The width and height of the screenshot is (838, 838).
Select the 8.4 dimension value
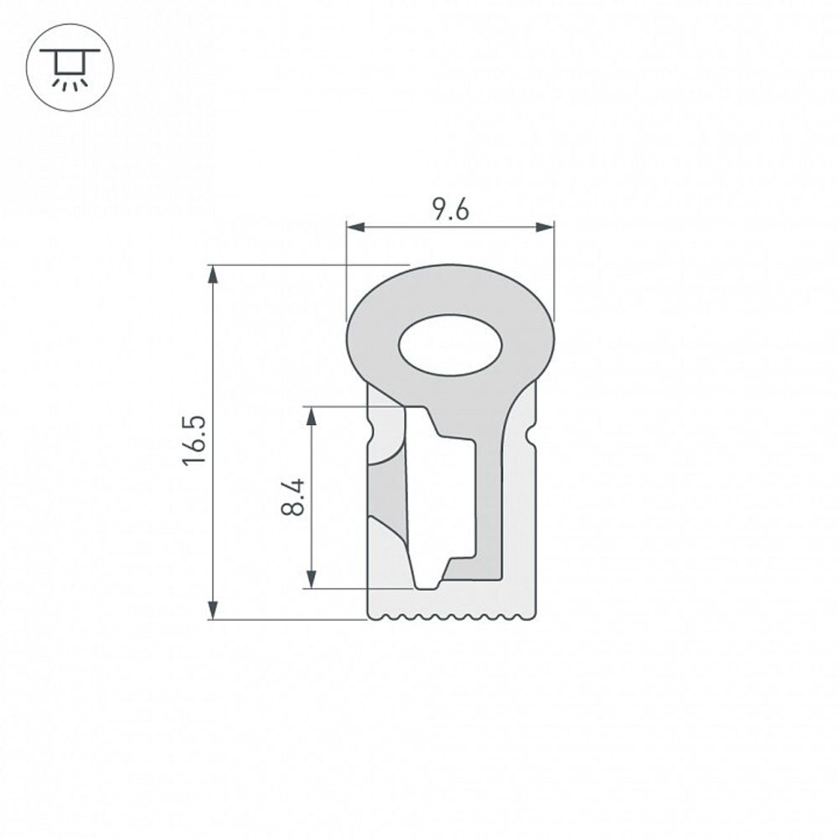[x=292, y=496]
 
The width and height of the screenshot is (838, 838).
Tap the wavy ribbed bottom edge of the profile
[x=450, y=618]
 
